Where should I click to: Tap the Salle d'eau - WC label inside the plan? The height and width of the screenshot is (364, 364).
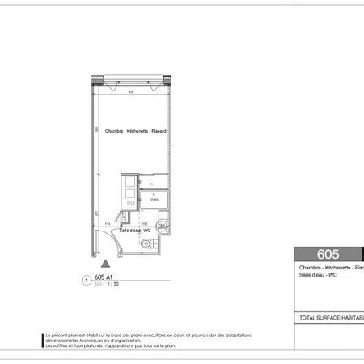point(135,231)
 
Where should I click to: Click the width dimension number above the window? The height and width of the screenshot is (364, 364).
point(129,91)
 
